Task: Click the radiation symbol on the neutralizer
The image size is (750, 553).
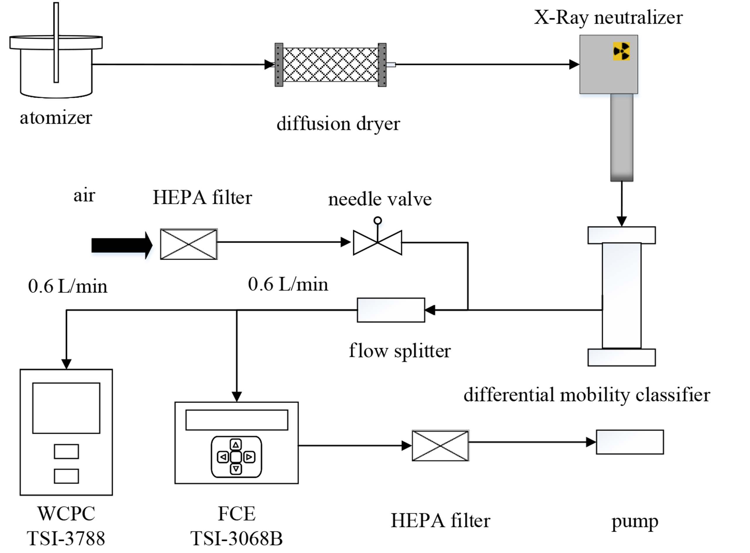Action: coord(621,52)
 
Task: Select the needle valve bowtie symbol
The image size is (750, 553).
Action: coord(377,243)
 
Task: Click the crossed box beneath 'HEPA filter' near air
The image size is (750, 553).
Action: coord(189,244)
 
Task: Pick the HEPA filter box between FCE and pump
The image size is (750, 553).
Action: coord(440,445)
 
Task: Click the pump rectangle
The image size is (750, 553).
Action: coord(630,442)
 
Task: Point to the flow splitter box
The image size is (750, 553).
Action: coord(391,310)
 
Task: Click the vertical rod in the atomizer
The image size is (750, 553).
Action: coord(56,42)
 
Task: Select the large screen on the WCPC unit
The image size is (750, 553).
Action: coord(66,408)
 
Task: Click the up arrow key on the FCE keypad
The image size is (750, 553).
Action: coord(236,445)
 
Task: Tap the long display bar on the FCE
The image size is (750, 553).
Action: coord(237,420)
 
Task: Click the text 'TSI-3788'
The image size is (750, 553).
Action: coord(66,538)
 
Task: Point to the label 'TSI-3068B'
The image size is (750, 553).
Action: coord(237,538)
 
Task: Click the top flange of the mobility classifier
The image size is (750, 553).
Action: coord(621,235)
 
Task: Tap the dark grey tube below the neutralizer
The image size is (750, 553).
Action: coord(622,137)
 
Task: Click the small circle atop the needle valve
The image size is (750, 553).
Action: coord(378,221)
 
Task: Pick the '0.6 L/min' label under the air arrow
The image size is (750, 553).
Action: coord(68,287)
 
